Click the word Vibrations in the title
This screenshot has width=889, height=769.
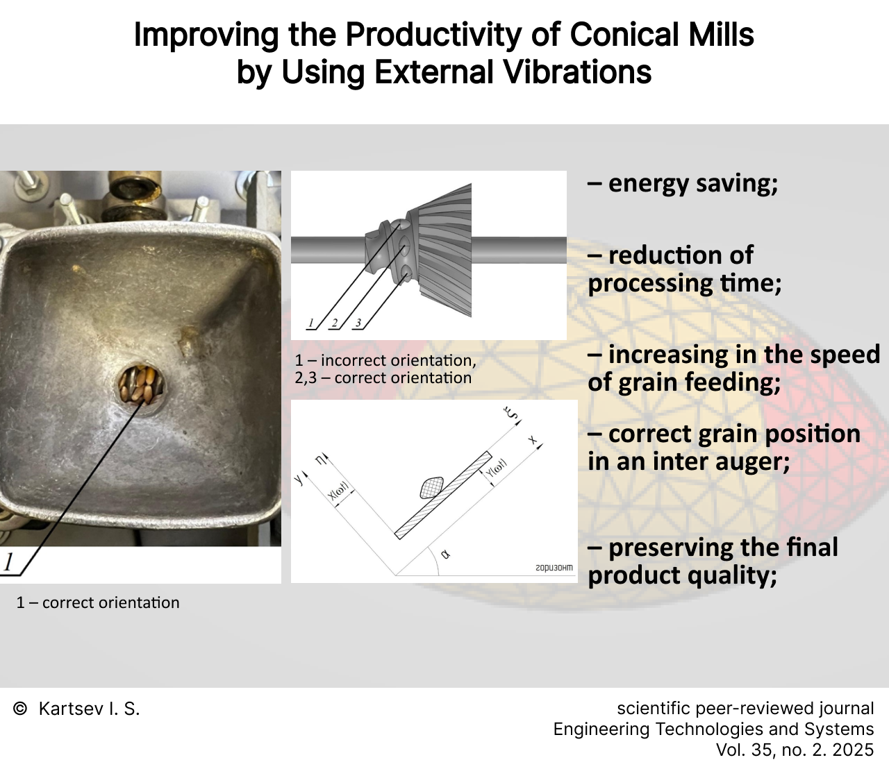[x=577, y=71]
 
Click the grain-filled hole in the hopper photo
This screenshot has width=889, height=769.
[x=142, y=384]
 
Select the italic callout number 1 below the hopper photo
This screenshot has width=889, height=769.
[x=8, y=562]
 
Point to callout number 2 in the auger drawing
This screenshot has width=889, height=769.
[x=334, y=323]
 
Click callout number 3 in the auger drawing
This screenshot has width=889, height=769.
[x=358, y=323]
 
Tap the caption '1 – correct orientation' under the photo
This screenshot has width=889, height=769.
[x=98, y=602]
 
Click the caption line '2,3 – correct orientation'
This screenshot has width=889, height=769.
[x=383, y=378]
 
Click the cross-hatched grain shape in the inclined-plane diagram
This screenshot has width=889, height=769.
[x=431, y=488]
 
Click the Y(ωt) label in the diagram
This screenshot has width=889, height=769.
[x=496, y=468]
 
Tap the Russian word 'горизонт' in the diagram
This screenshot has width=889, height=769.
[x=554, y=568]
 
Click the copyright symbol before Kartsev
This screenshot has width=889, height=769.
[x=19, y=709]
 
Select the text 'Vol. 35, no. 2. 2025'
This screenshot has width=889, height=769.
[x=795, y=750]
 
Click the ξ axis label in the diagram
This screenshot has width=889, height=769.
[x=511, y=414]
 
